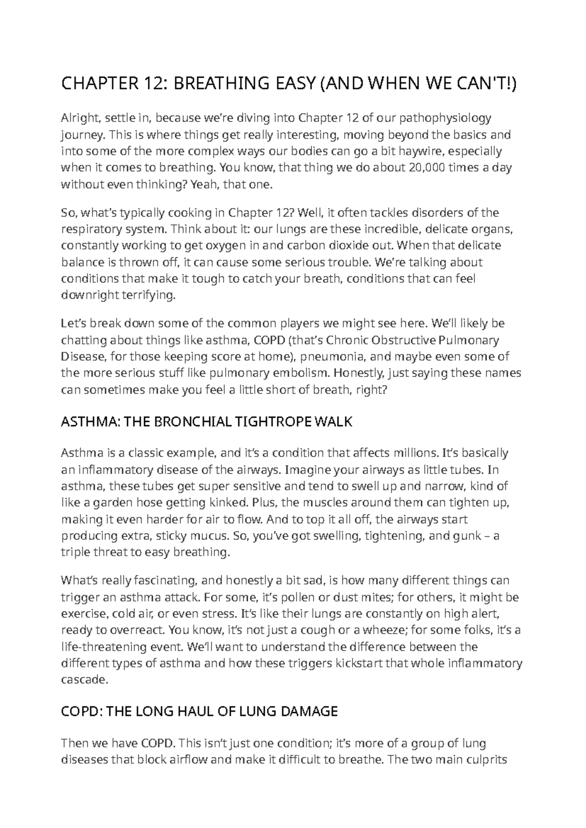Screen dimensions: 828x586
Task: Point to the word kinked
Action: (x=229, y=502)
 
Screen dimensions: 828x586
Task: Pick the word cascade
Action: (x=84, y=680)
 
